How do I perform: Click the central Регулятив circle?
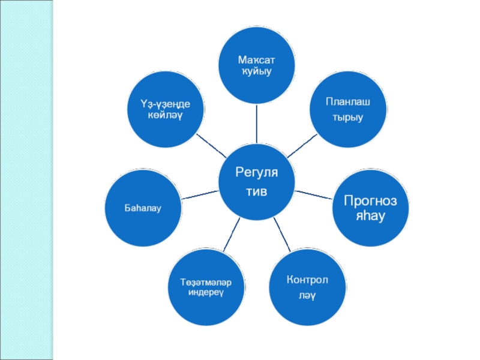(257, 181)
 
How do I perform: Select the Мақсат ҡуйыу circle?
(257, 66)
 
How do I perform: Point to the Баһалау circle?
(142, 209)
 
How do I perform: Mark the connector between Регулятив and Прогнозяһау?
(314, 194)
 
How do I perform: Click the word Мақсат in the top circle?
(257, 61)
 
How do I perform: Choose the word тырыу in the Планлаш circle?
(347, 117)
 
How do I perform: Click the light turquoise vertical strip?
(27, 180)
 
